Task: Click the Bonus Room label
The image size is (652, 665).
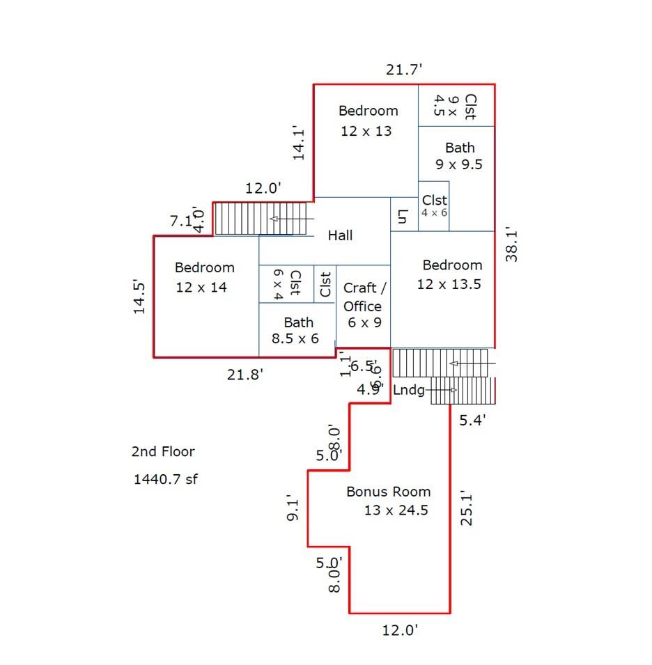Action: pyautogui.click(x=389, y=492)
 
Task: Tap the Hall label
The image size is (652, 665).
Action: pyautogui.click(x=340, y=235)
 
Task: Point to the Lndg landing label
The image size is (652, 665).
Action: pyautogui.click(x=409, y=390)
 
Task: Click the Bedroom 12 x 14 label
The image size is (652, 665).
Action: pyautogui.click(x=204, y=276)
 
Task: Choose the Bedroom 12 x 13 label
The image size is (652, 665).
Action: pyautogui.click(x=368, y=120)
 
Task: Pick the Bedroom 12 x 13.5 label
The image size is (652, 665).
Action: pyautogui.click(x=451, y=274)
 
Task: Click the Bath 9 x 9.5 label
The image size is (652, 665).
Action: pyautogui.click(x=459, y=156)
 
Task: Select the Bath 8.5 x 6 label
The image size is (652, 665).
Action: pyautogui.click(x=297, y=331)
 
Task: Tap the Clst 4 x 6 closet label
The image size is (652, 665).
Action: pyautogui.click(x=434, y=206)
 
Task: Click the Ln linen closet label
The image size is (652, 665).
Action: pyautogui.click(x=402, y=217)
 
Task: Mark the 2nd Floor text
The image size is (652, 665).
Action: pyautogui.click(x=163, y=451)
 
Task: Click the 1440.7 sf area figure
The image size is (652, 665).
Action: pyautogui.click(x=165, y=479)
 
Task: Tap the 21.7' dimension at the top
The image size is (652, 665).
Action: pyautogui.click(x=404, y=69)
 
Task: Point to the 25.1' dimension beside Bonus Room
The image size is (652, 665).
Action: pyautogui.click(x=466, y=508)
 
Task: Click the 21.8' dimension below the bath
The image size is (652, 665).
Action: pyautogui.click(x=245, y=375)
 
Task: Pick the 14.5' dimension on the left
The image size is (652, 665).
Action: pyautogui.click(x=140, y=297)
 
